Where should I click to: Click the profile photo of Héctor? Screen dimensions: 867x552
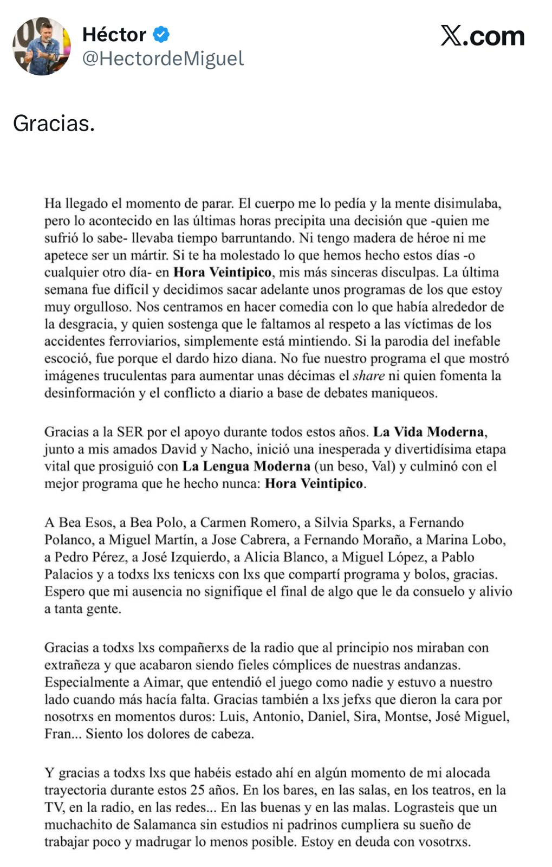[x=42, y=46]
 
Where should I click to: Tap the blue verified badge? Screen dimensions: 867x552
[x=161, y=35]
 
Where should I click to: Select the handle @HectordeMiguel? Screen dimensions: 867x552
[x=163, y=59]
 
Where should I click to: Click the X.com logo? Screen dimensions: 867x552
[x=482, y=36]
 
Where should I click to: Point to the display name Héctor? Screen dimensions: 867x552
[x=114, y=35]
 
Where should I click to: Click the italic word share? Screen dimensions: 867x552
[x=368, y=376]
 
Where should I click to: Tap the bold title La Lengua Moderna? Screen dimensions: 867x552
[x=246, y=466]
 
